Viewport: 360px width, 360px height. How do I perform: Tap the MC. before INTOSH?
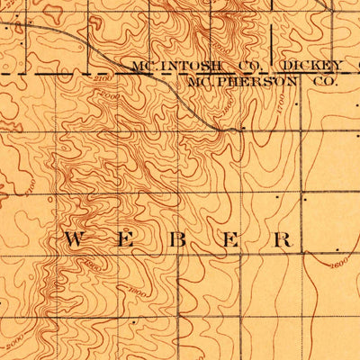coord(147,65)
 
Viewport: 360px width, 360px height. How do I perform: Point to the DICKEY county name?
coord(311,65)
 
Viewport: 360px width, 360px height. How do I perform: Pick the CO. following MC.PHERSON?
coord(322,79)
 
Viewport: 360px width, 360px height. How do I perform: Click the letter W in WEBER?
coord(76,239)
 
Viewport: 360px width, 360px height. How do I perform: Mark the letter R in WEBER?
coord(283,239)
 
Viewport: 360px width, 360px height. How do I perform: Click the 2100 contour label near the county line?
coord(102,82)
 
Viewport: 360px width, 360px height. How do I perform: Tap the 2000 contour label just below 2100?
coord(110,94)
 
